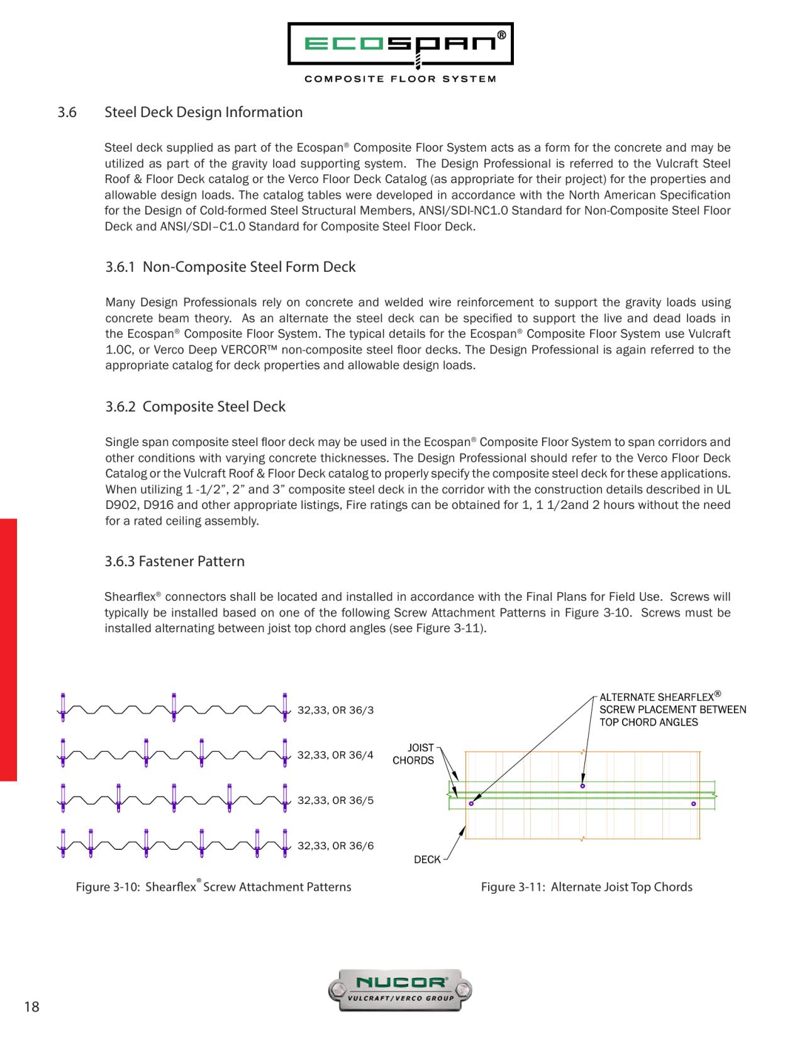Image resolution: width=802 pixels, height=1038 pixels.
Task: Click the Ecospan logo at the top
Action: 400,45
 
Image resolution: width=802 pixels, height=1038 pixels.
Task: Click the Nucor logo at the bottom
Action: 400,990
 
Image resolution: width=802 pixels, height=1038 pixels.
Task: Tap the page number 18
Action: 31,1007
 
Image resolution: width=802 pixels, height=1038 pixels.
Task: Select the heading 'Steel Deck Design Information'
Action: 203,112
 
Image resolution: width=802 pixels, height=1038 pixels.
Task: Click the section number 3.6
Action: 67,112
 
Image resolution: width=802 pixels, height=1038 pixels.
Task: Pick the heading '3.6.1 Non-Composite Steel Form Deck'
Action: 230,267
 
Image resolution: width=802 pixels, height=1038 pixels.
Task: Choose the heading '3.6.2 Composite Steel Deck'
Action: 195,406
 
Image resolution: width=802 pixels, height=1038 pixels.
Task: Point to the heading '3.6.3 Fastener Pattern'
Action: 174,561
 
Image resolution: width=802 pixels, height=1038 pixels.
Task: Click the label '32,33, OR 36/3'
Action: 335,710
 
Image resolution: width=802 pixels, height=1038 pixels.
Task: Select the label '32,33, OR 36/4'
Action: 335,755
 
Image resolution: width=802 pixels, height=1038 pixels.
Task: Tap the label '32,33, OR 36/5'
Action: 335,801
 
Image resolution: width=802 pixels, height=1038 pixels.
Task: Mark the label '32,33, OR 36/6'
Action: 335,845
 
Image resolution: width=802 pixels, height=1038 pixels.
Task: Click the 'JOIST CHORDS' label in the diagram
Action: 413,754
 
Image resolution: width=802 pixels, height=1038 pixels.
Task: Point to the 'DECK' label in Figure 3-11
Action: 427,859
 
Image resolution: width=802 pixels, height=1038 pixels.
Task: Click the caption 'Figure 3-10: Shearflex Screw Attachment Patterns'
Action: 213,887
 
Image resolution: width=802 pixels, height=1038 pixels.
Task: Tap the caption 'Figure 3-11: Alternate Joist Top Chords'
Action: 586,887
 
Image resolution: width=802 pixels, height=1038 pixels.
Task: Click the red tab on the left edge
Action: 8,649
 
